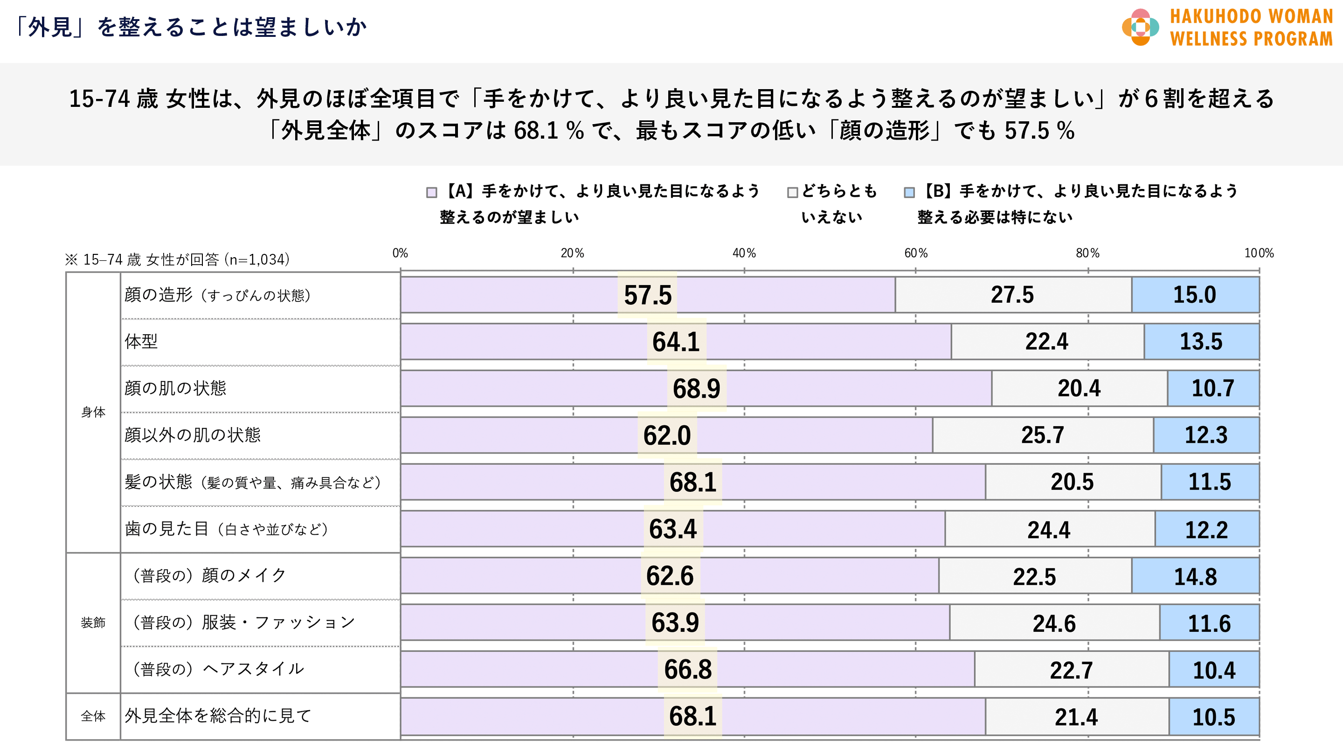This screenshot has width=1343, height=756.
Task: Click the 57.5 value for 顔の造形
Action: pyautogui.click(x=648, y=295)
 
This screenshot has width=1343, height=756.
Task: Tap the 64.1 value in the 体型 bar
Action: pyautogui.click(x=676, y=342)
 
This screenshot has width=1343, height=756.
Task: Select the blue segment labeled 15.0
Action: pyautogui.click(x=1195, y=295)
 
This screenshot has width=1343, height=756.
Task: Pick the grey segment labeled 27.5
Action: pyautogui.click(x=1012, y=295)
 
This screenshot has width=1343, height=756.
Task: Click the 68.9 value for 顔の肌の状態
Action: pyautogui.click(x=697, y=389)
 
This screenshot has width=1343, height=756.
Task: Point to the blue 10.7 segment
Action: pyautogui.click(x=1213, y=389)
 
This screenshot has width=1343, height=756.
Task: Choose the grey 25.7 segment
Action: pyautogui.click(x=1043, y=435)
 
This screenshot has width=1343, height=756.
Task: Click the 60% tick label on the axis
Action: pyautogui.click(x=916, y=253)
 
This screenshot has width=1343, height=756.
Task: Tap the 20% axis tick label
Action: pyautogui.click(x=573, y=253)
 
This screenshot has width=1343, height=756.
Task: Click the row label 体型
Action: pyautogui.click(x=141, y=342)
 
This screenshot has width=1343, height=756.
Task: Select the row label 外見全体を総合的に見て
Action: pyautogui.click(x=218, y=716)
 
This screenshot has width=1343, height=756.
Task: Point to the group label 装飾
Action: pyautogui.click(x=93, y=623)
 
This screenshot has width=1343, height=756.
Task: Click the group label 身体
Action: pyautogui.click(x=93, y=412)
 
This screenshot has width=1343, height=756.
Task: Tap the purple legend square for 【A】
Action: pyautogui.click(x=432, y=193)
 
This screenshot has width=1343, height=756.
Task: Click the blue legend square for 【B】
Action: pyautogui.click(x=909, y=193)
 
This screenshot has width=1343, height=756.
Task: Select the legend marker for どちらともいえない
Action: pyautogui.click(x=792, y=193)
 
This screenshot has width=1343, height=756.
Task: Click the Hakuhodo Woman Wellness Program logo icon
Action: pyautogui.click(x=1140, y=27)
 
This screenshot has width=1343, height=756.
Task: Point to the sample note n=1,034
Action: pyautogui.click(x=177, y=259)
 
